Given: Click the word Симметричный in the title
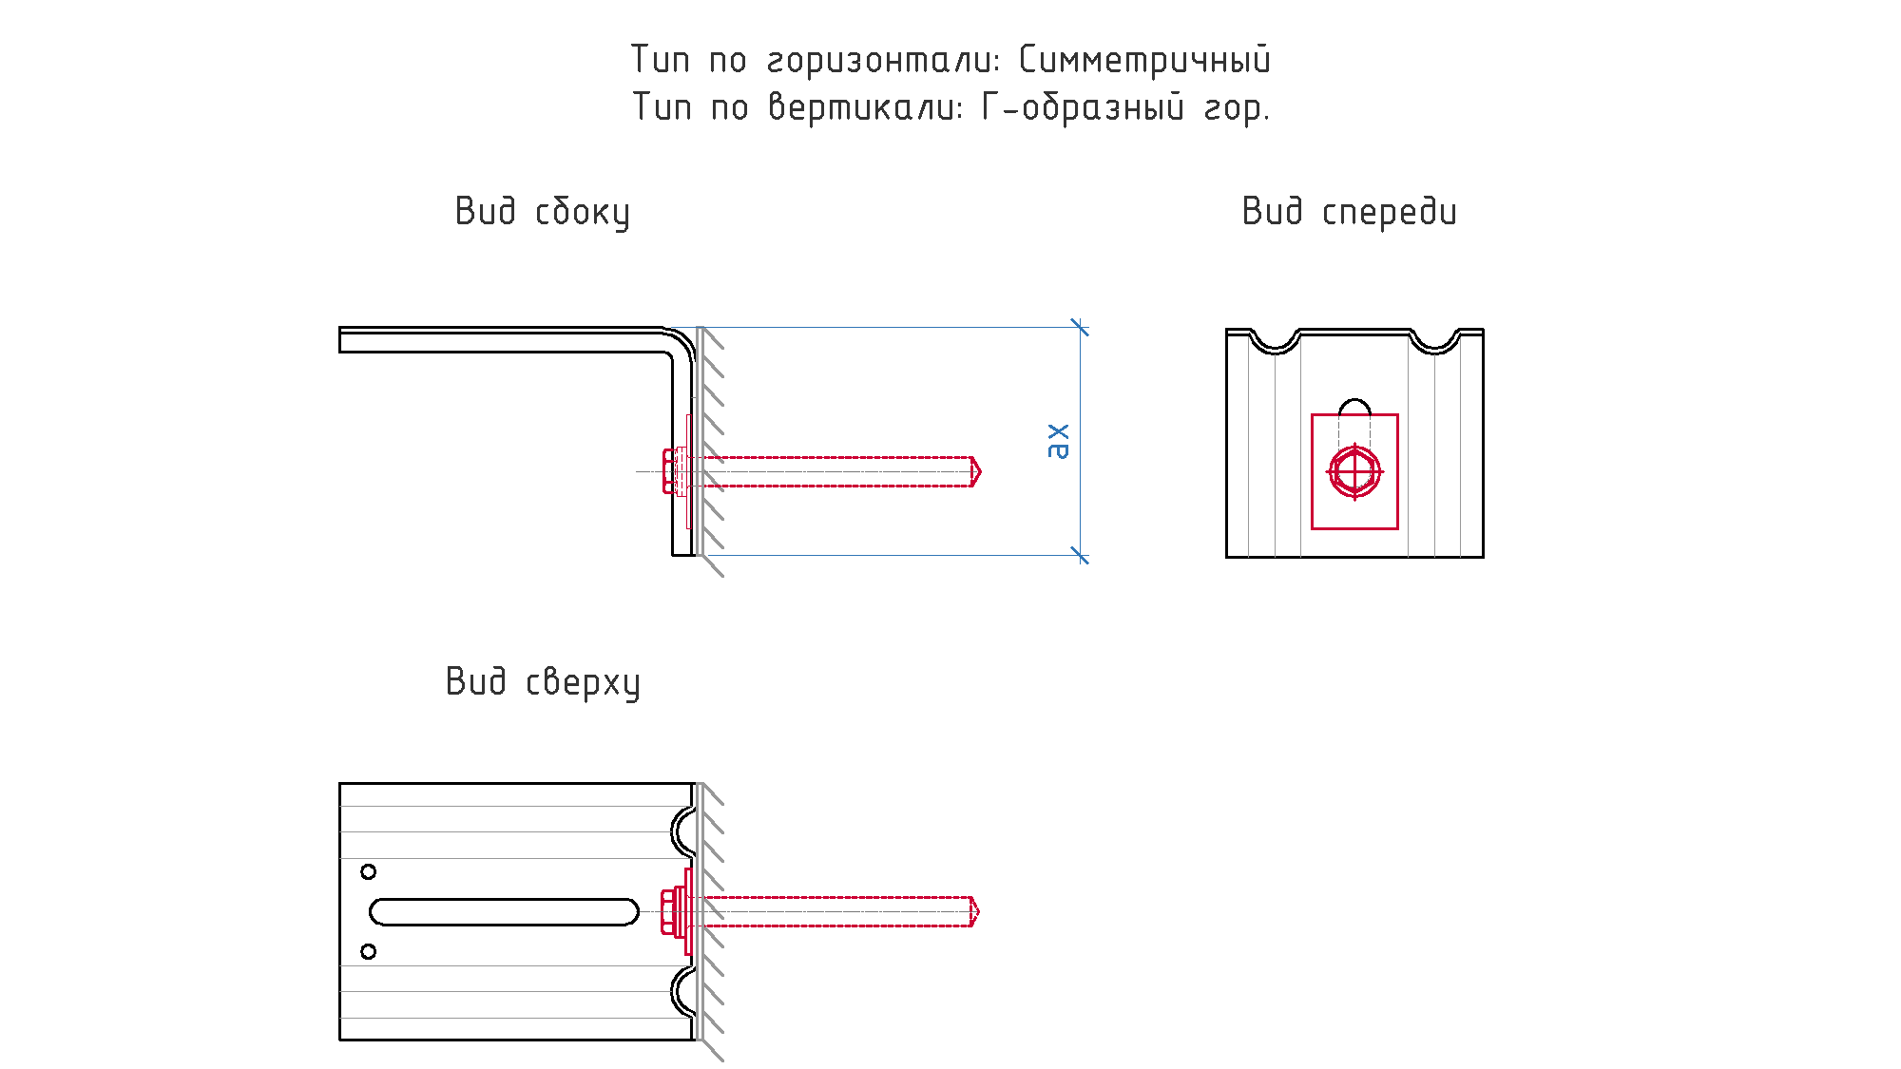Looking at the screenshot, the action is click(x=1144, y=60).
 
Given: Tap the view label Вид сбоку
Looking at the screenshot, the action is click(x=542, y=212).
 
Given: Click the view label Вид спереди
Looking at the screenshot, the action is click(x=1349, y=212).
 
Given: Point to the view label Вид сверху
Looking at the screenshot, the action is click(x=543, y=682).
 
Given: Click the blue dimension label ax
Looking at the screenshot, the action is click(x=1057, y=441).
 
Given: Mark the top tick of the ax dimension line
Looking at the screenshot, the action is click(x=1080, y=327).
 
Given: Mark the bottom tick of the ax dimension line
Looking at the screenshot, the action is click(x=1080, y=555).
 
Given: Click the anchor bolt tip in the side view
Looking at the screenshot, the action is click(x=980, y=471).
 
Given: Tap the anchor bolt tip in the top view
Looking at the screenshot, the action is click(x=978, y=911).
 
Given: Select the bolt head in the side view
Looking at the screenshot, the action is click(x=670, y=471).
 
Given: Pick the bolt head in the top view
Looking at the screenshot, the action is click(x=668, y=911).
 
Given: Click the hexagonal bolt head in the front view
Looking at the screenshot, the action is click(x=1354, y=471).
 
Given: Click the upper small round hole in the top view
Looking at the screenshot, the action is click(x=369, y=871).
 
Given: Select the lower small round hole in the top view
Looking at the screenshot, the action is click(x=369, y=951).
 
